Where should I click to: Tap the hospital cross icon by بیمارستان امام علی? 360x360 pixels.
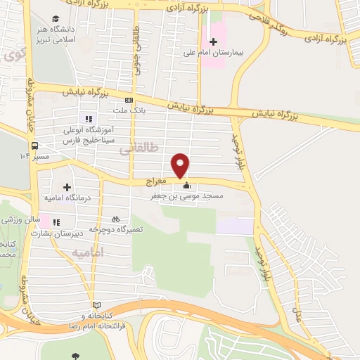pos(214,41)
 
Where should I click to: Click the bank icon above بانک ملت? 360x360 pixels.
pos(128,100)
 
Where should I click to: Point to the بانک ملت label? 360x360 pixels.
pos(131,110)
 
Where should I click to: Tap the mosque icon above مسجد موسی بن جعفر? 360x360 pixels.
pos(186,186)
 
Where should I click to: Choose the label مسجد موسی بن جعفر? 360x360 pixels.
pos(187,198)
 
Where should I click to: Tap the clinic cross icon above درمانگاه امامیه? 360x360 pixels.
pos(67,187)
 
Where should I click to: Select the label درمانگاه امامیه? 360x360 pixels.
pos(65,198)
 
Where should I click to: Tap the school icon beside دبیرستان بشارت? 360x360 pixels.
pos(55,223)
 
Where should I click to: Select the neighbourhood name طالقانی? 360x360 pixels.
pos(135,150)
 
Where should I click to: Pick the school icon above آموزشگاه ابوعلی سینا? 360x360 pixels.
pos(89,118)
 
